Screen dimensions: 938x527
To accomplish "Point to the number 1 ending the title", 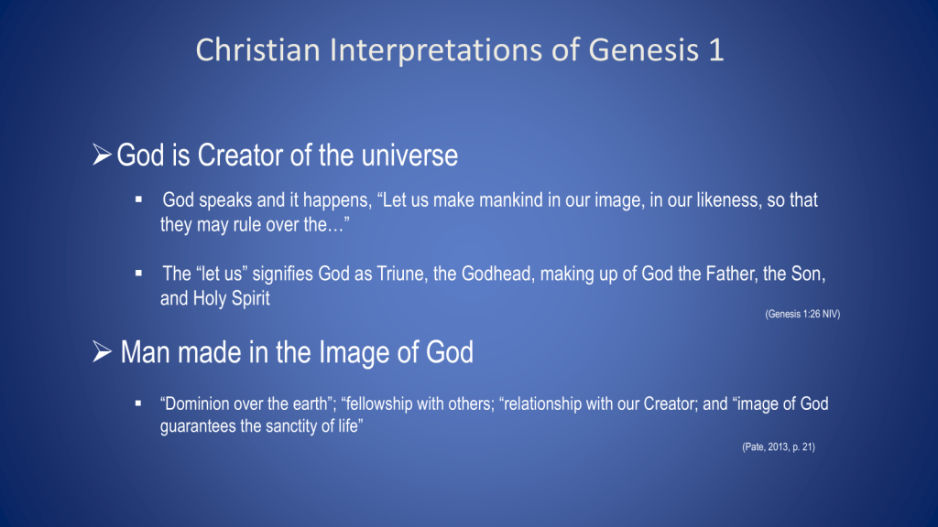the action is [716, 50].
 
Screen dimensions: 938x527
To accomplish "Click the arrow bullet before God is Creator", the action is [102, 154].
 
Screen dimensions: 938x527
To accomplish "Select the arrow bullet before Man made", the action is [102, 351].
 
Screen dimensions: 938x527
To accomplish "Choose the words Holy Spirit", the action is [231, 299].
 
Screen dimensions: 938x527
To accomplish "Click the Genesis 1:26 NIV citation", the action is [802, 314].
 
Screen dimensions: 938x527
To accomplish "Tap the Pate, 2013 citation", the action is [779, 446].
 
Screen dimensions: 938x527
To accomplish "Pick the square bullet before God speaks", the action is [139, 199].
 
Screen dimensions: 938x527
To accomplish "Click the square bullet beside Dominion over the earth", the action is [139, 403].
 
